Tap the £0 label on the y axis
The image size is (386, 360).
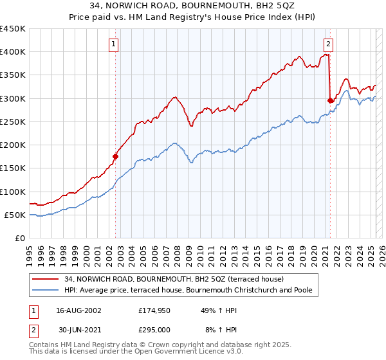(x=20, y=239)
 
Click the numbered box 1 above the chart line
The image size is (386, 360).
(x=113, y=44)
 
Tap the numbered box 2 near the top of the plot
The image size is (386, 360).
(x=328, y=44)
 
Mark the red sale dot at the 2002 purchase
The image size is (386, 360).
(x=116, y=156)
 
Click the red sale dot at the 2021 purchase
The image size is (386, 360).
(x=330, y=100)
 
